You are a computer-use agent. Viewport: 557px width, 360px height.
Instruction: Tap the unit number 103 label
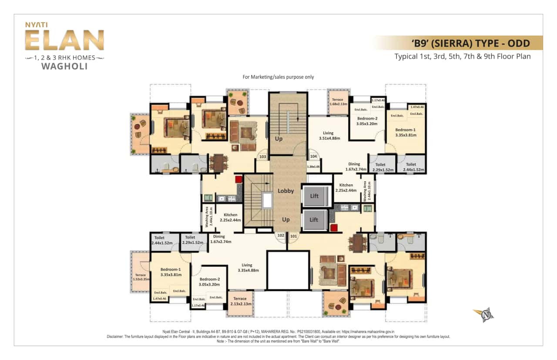click(x=262, y=157)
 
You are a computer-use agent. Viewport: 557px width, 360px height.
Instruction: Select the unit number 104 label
click(x=313, y=157)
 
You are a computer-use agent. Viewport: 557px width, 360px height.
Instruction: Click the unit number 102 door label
click(x=281, y=236)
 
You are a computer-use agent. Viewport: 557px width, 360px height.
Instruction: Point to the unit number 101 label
click(x=293, y=236)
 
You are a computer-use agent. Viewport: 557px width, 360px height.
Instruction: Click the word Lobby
click(x=285, y=191)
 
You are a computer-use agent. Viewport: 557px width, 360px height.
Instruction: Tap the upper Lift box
click(x=314, y=196)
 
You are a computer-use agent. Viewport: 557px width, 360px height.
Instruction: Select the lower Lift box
click(x=314, y=220)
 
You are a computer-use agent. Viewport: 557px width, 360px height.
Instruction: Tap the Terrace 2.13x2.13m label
click(x=240, y=301)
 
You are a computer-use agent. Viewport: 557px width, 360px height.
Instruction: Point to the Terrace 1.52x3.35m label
click(x=141, y=277)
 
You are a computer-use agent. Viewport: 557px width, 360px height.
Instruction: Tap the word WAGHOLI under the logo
click(x=64, y=67)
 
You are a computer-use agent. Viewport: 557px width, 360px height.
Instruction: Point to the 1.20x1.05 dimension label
click(x=313, y=167)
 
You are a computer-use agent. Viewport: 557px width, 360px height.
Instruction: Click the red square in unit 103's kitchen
click(x=238, y=180)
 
